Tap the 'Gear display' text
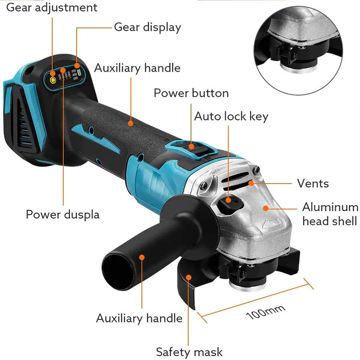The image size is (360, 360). pyautogui.click(x=147, y=27)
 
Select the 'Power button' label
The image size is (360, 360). pyautogui.click(x=191, y=93)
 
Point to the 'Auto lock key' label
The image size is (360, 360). pyautogui.click(x=231, y=116)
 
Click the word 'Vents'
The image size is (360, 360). pyautogui.click(x=313, y=184)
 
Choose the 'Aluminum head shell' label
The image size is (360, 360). pyautogui.click(x=330, y=214)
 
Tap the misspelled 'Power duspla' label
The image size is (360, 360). pyautogui.click(x=63, y=214)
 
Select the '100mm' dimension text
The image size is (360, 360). pyautogui.click(x=266, y=312)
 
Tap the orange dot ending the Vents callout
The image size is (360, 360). pyautogui.click(x=251, y=183)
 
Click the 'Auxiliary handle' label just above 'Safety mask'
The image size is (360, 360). pyautogui.click(x=139, y=318)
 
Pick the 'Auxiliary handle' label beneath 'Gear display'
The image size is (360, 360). pyautogui.click(x=137, y=68)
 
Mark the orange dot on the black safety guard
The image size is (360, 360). pyautogui.click(x=189, y=276)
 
